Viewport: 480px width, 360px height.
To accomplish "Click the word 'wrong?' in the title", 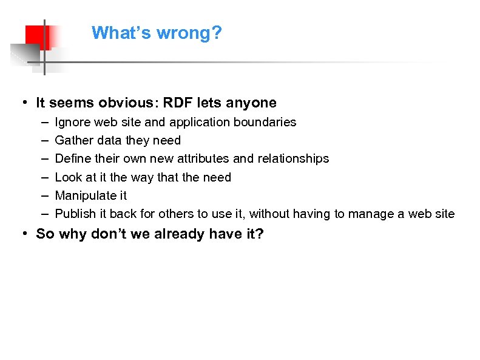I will [191, 33].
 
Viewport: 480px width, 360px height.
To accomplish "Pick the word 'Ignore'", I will [72, 122].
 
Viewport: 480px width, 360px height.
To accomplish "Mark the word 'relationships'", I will [293, 158].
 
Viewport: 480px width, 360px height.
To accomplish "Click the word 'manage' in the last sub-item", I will [381, 214].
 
